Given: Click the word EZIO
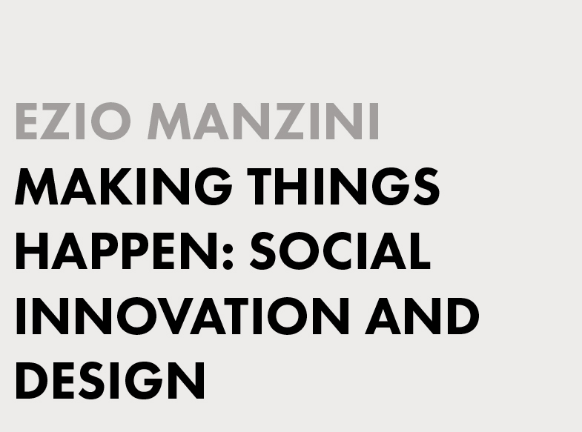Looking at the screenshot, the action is click(73, 121).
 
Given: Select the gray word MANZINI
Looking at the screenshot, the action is click(263, 121).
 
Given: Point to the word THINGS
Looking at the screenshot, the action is click(344, 187).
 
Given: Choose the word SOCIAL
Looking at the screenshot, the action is click(340, 250).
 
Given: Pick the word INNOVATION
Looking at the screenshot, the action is click(182, 316).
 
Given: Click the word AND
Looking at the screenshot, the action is click(423, 316).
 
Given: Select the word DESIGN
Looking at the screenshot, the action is click(110, 380).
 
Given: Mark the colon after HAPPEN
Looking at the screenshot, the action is click(228, 256).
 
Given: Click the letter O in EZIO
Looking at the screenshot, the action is click(111, 122).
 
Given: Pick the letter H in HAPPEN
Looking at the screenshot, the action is click(32, 251).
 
